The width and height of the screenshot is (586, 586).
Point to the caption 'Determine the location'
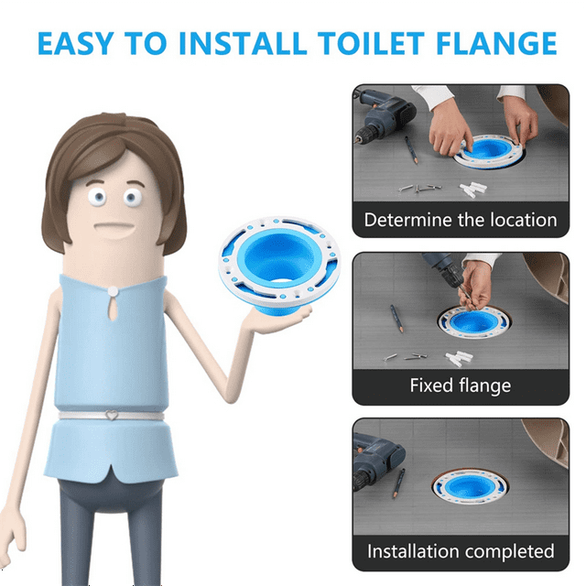(460, 220)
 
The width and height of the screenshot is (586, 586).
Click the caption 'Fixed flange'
(460, 385)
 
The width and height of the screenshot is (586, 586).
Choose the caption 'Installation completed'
(460, 551)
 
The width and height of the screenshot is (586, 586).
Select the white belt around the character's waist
(73, 418)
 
